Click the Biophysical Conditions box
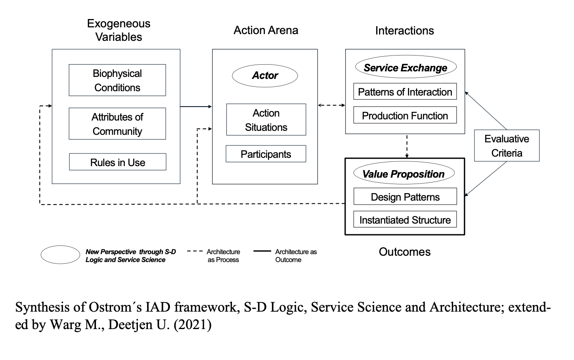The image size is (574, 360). (117, 80)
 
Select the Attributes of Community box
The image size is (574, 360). (117, 124)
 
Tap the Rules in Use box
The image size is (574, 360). (118, 162)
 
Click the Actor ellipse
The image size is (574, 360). (265, 76)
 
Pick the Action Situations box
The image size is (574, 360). (266, 120)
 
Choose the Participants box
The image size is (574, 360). (266, 154)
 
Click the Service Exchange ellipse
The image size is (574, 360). (405, 68)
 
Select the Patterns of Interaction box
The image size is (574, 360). (405, 92)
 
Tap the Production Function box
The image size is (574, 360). (405, 115)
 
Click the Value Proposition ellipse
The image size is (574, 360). (403, 174)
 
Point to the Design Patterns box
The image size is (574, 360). (405, 197)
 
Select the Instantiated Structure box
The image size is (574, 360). (405, 220)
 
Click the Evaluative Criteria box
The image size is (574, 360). (507, 146)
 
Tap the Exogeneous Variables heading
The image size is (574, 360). (119, 30)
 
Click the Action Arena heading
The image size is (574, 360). (266, 31)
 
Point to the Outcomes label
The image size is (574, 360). (404, 252)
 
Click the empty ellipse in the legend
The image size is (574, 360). (60, 255)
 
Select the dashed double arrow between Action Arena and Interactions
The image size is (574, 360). (331, 105)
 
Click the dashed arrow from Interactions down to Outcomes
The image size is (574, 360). (407, 146)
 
